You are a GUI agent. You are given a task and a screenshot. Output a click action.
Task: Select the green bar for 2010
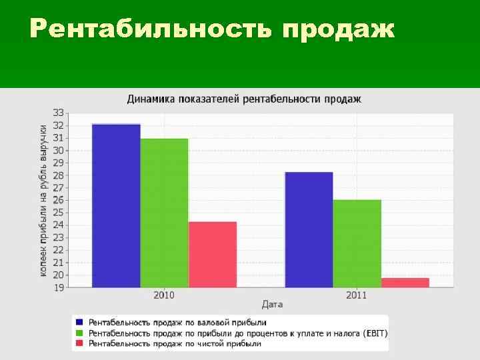[164, 213]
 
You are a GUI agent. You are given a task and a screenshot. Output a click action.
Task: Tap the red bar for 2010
[212, 254]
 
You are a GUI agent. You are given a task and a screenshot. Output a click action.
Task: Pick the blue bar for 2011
[309, 229]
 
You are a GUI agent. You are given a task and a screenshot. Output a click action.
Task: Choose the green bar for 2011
[357, 243]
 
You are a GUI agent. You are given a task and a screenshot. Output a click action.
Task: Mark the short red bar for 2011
[405, 282]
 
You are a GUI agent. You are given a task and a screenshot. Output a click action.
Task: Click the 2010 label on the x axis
[164, 294]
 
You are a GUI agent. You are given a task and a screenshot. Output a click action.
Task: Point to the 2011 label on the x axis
[357, 294]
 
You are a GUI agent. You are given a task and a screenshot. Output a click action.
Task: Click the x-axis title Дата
[272, 304]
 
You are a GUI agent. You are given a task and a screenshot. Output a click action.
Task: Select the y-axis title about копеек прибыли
[43, 200]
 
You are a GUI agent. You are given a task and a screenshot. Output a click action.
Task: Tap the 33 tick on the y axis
[59, 113]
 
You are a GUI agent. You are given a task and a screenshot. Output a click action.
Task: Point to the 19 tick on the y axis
[59, 287]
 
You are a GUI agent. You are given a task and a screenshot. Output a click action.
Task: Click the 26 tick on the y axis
[59, 200]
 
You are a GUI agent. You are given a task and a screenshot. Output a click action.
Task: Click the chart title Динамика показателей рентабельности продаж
[244, 99]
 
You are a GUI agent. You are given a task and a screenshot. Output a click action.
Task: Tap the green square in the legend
[80, 333]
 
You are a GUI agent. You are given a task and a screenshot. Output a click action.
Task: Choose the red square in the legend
[80, 343]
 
